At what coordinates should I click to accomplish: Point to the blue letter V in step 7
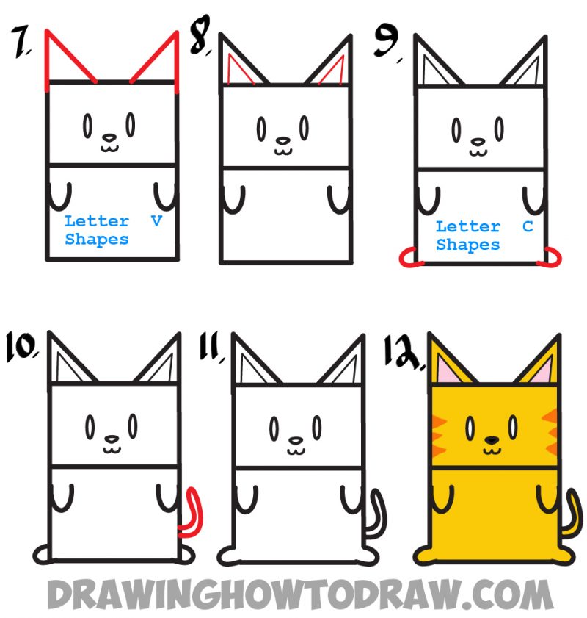coord(156,220)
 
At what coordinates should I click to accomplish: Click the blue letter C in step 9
coord(527,226)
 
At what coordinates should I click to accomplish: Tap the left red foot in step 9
coord(407,258)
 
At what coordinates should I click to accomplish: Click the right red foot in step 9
coord(550,256)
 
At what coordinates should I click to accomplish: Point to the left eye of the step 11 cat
coord(273,426)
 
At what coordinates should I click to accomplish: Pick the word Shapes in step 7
coord(96,240)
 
